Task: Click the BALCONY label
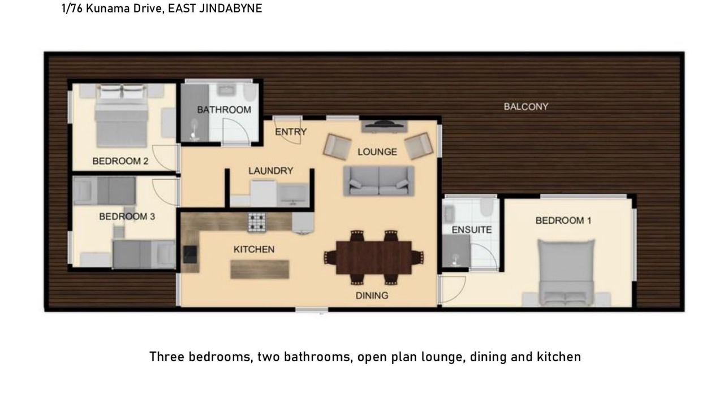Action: pos(526,107)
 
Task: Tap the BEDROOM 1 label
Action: pos(563,220)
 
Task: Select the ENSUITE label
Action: pos(472,230)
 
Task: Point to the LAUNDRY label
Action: pos(270,171)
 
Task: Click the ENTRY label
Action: pos(291,132)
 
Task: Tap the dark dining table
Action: pos(374,257)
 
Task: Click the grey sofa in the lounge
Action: pos(379,181)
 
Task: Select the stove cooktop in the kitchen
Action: pos(257,222)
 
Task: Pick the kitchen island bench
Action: pos(260,270)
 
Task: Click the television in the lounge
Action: pos(383,125)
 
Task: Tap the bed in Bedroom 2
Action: pos(122,116)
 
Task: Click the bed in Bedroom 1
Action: pos(566,273)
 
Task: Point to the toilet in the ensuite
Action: pos(486,207)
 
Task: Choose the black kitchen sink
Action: pos(190,254)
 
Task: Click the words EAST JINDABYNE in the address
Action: pos(215,8)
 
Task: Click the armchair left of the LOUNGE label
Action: pos(337,147)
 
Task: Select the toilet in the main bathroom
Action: pos(250,93)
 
